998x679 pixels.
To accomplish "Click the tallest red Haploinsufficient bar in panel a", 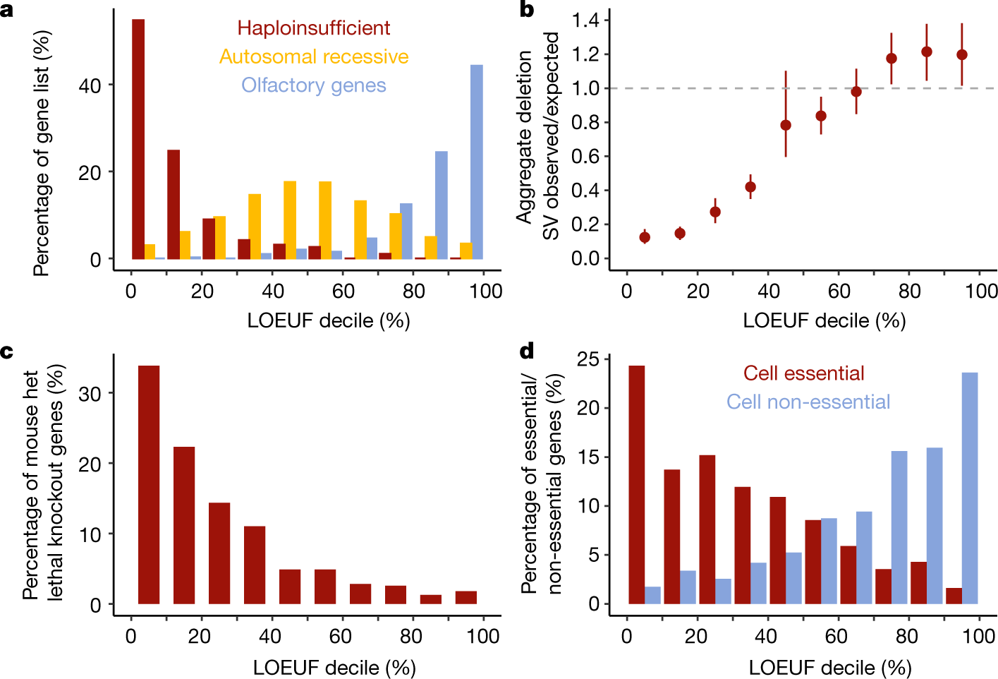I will (x=138, y=139).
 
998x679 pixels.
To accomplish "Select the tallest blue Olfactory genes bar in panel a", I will (x=477, y=162).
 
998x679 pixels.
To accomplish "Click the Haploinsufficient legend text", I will (x=313, y=28).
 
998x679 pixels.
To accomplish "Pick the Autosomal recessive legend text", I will (x=313, y=56).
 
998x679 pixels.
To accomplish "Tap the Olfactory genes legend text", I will (x=313, y=85).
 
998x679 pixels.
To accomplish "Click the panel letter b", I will (x=526, y=9).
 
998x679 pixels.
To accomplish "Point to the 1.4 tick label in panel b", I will (x=585, y=20).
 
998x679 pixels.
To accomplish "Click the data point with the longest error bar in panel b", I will (x=786, y=125).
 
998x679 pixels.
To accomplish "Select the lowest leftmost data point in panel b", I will (x=645, y=237).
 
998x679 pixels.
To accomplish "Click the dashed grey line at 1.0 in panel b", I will (x=705, y=88).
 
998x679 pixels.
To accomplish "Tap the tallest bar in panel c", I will (x=149, y=485).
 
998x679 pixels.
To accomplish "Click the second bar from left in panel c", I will (x=184, y=525).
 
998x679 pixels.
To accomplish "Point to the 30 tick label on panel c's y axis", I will (x=91, y=394).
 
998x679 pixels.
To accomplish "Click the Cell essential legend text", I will (x=803, y=373).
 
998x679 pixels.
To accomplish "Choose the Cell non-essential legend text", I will (x=808, y=402).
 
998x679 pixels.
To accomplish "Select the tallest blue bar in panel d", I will (x=970, y=488).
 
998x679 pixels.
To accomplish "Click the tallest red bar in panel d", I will (x=636, y=485).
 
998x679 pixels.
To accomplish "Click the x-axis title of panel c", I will (x=334, y=667).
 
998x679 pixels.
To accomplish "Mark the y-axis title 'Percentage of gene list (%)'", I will (x=42, y=153).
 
